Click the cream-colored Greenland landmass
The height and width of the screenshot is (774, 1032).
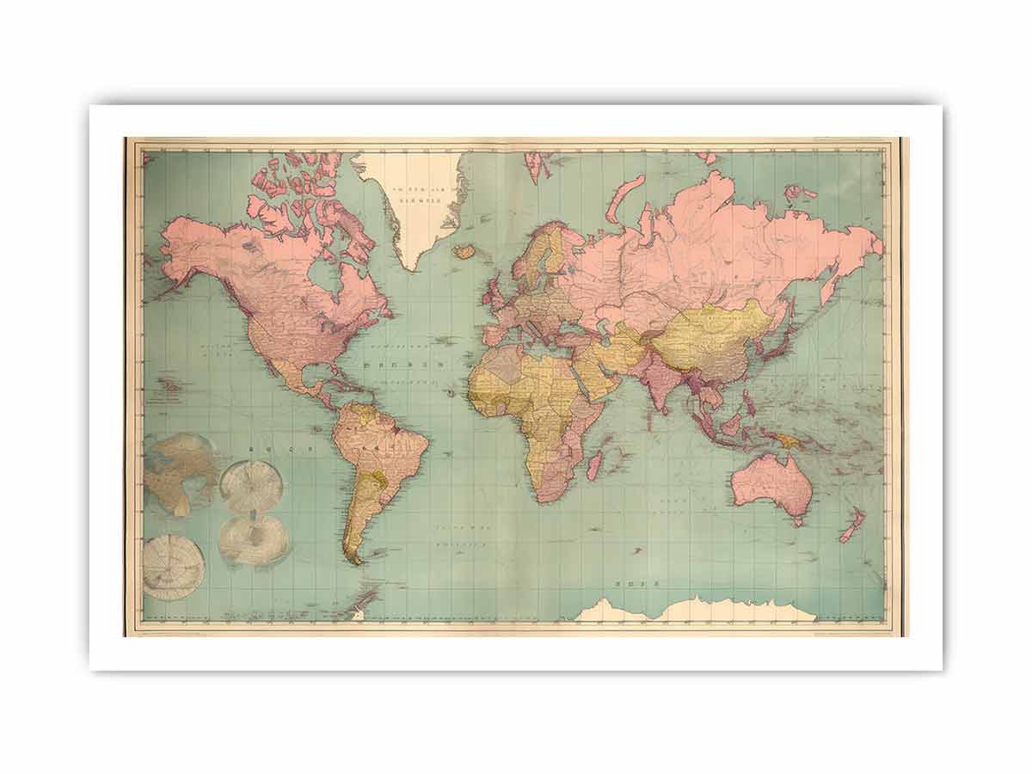[417, 215]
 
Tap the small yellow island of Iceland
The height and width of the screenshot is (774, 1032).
[465, 251]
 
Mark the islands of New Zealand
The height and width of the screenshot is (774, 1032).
[851, 525]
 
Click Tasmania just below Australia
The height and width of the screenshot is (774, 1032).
[799, 520]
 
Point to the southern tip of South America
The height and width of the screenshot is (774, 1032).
[355, 559]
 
